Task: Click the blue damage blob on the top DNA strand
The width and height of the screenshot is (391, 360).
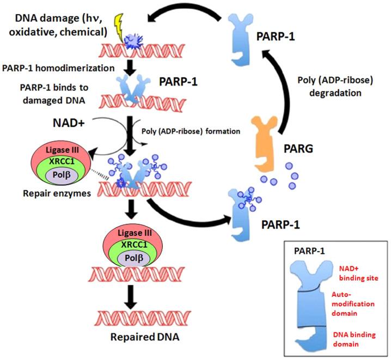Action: point(132,40)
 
